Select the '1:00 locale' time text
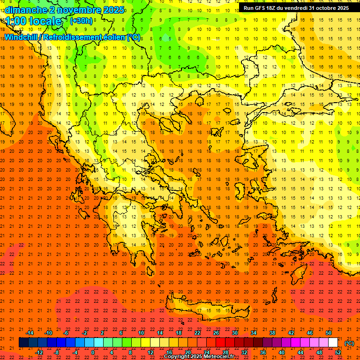tap(33, 21)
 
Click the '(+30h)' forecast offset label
tap(81, 21)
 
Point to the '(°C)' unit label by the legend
tap(349, 343)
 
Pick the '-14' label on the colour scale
tap(29, 333)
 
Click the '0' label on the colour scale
tap(93, 352)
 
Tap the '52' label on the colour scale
tap(337, 352)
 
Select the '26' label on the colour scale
tap(216, 333)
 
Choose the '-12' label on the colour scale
tap(39, 352)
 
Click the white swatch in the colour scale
tap(333, 343)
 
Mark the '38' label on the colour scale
tap(272, 333)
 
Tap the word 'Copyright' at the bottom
tap(178, 357)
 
